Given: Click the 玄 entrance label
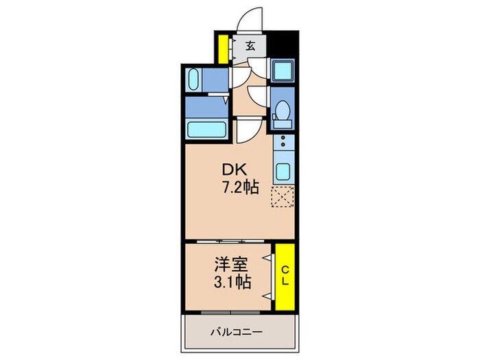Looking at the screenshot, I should pos(251,47).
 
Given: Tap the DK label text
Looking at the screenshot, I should pos(230,169).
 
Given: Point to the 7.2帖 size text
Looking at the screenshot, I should pos(239,186).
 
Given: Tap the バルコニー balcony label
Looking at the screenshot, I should pos(236,333).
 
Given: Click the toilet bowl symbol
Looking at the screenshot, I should pos(281,112).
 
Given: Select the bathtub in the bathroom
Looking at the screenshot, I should pos(206,128).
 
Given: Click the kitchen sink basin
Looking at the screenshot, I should pos(282,169).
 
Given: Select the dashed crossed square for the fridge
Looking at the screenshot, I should pos(282,197).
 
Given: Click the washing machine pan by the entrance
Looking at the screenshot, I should pos(282,71).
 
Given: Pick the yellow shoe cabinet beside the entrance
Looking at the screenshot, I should pos(223,47).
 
